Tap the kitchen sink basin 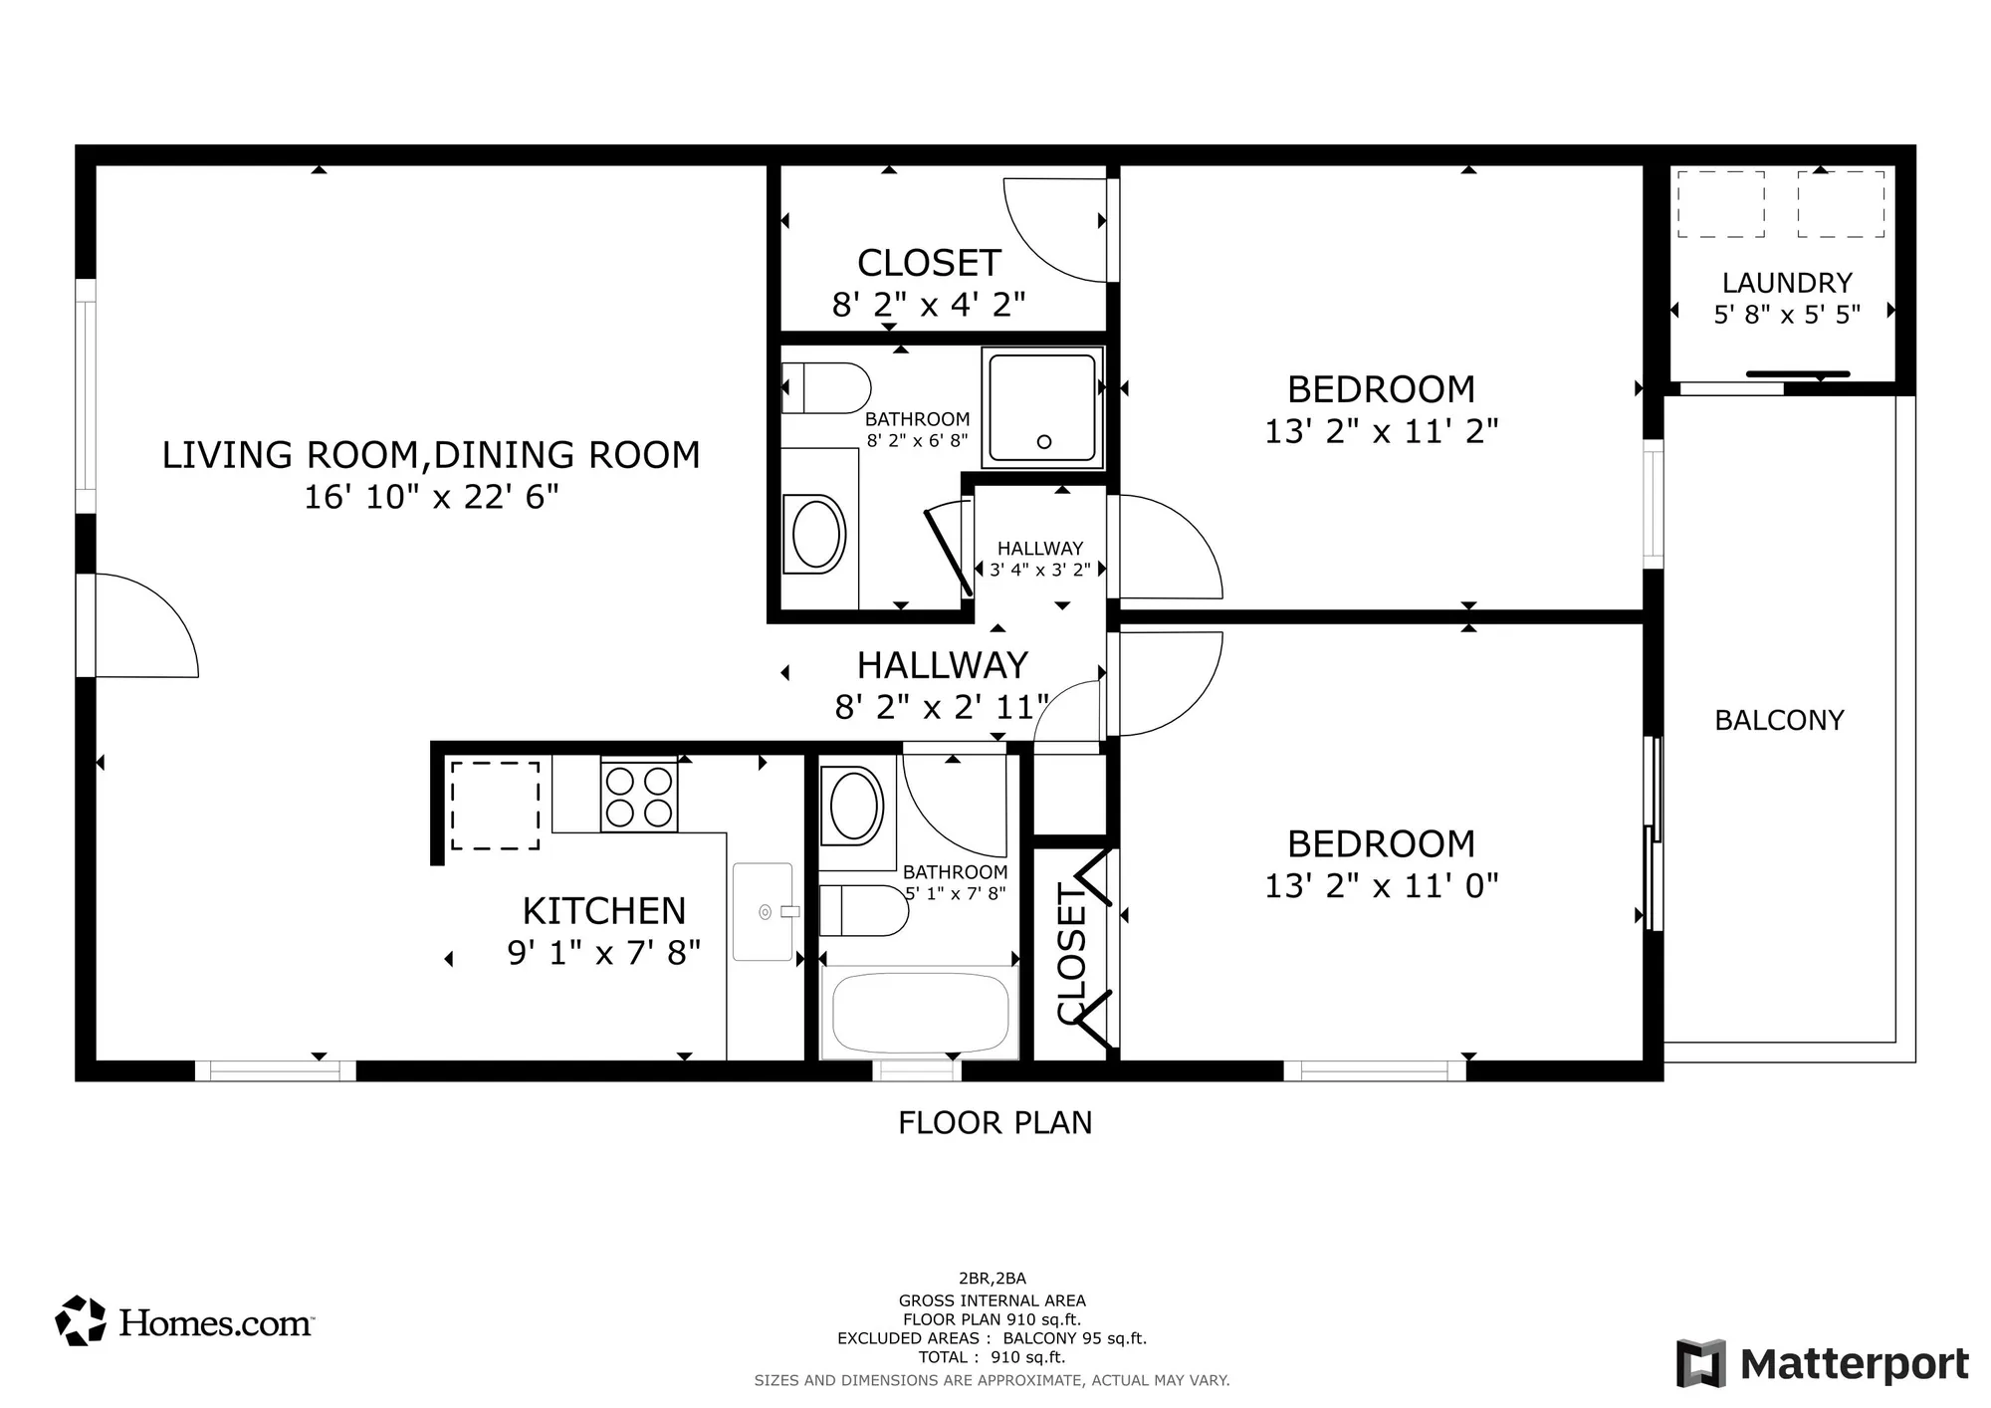pyautogui.click(x=763, y=911)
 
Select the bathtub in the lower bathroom pyautogui.click(x=920, y=1014)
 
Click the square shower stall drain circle pyautogui.click(x=1044, y=441)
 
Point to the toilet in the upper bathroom pyautogui.click(x=825, y=388)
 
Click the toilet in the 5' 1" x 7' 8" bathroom pyautogui.click(x=862, y=910)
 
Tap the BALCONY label pyautogui.click(x=1779, y=720)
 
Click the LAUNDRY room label pyautogui.click(x=1787, y=283)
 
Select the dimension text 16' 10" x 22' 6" pyautogui.click(x=431, y=496)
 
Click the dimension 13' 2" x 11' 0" pyautogui.click(x=1381, y=885)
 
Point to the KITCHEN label pyautogui.click(x=604, y=911)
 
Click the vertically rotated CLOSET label pyautogui.click(x=1071, y=953)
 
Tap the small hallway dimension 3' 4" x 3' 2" pyautogui.click(x=1039, y=571)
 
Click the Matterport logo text pyautogui.click(x=1854, y=1364)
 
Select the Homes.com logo pyautogui.click(x=184, y=1321)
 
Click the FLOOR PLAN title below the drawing pyautogui.click(x=995, y=1123)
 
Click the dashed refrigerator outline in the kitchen pyautogui.click(x=495, y=806)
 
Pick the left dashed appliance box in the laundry pyautogui.click(x=1720, y=204)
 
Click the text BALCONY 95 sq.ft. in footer pyautogui.click(x=1074, y=1338)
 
